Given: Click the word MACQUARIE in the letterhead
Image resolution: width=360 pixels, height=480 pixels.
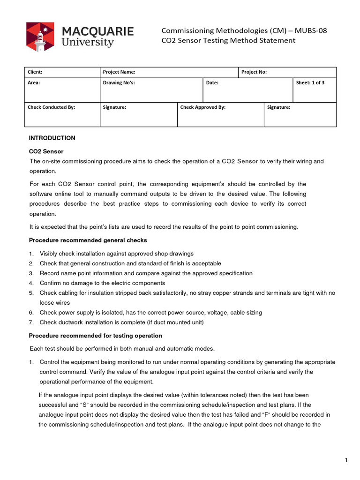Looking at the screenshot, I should pos(98,31).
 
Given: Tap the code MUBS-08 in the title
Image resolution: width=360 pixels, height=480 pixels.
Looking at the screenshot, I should pos(310,30).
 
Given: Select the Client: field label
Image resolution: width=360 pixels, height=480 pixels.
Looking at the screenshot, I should pos(35,72).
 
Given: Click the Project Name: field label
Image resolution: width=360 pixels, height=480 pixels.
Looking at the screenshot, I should pos(119,72).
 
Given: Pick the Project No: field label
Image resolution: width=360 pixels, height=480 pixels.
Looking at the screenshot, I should pos(254,72).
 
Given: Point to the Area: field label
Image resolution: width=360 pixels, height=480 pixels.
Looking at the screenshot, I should pos(34,82).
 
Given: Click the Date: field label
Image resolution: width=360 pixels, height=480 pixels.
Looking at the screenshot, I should pos(212,82).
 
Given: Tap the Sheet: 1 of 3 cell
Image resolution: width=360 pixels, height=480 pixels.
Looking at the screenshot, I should pos(310,82).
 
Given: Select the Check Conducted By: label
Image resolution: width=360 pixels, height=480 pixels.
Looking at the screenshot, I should pos(52,107).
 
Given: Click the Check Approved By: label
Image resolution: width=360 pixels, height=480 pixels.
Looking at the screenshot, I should pos(203,107).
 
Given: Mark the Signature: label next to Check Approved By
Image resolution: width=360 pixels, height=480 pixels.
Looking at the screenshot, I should pos(279,107).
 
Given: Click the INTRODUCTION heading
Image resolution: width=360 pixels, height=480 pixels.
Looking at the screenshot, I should pos(52,138).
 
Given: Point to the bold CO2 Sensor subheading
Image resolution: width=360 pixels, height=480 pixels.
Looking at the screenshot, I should pos(46,151).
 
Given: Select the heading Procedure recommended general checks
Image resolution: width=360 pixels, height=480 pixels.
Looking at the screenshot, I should pos(88,240).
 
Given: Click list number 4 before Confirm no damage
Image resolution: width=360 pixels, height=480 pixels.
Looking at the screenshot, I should pos(31,283).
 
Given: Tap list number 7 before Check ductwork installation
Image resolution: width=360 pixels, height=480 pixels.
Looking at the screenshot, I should pos(31,322).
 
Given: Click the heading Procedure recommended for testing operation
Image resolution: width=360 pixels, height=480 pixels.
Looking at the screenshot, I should pos(96,336).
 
